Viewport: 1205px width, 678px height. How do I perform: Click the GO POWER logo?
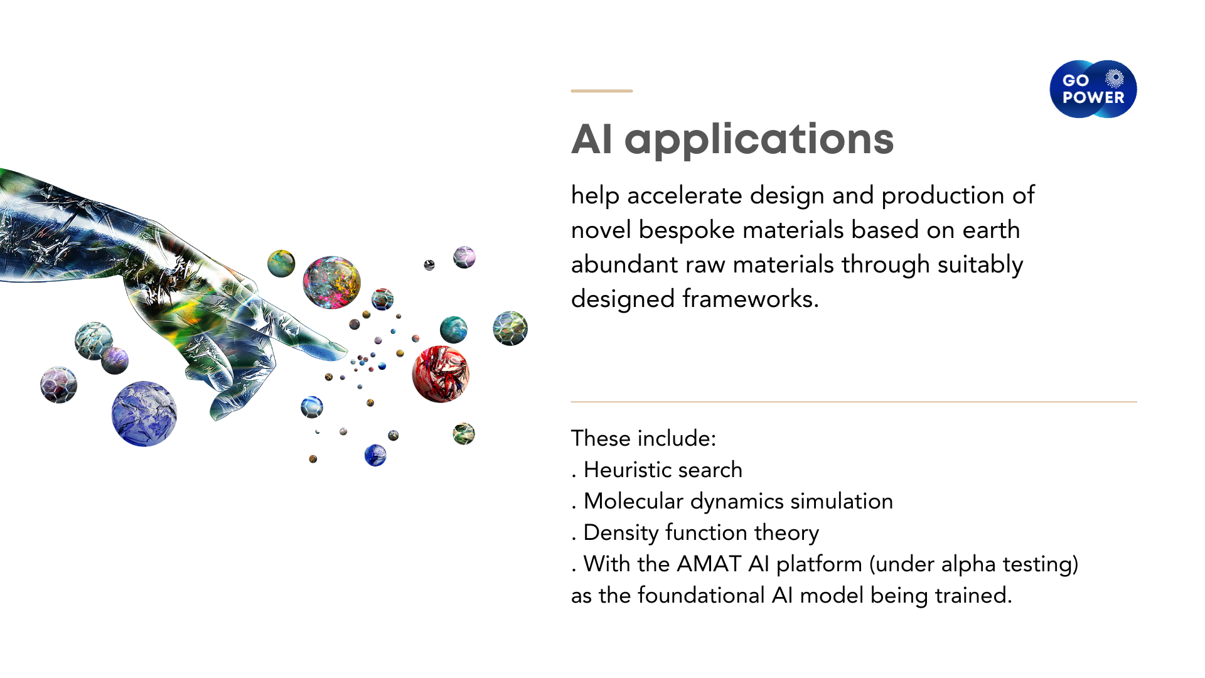tap(1093, 89)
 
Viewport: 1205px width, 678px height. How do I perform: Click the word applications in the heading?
tap(759, 141)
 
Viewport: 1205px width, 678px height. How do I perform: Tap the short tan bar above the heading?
tap(601, 91)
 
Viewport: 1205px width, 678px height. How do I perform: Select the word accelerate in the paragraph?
tap(685, 195)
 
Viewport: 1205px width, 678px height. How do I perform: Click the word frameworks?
tap(751, 299)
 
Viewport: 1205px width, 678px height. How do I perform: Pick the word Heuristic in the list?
tap(627, 470)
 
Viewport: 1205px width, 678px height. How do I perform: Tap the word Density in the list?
tap(621, 533)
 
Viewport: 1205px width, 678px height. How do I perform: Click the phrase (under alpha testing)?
tap(973, 564)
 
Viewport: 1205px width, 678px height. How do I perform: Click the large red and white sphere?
tap(441, 374)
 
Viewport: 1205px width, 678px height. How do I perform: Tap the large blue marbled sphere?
tap(144, 414)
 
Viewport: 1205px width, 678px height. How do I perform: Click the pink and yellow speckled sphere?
tap(332, 282)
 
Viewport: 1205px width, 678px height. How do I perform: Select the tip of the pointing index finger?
tap(346, 348)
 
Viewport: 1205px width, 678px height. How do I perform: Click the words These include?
tap(643, 438)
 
